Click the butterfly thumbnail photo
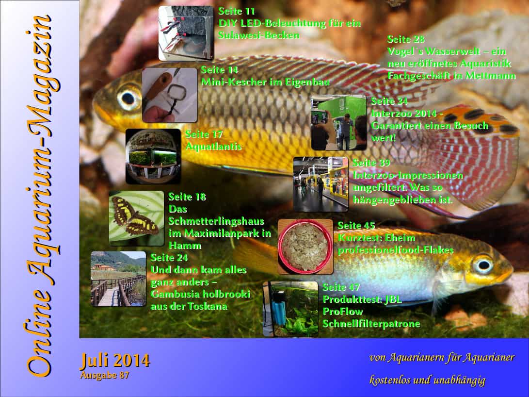pyautogui.click(x=136, y=218)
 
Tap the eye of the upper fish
pyautogui.click(x=128, y=99)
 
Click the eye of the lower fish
pyautogui.click(x=483, y=265)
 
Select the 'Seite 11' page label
pyautogui.click(x=237, y=11)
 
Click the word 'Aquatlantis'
pyautogui.click(x=213, y=147)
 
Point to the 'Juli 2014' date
pyautogui.click(x=115, y=361)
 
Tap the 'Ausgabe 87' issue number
pyautogui.click(x=105, y=375)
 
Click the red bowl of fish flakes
pyautogui.click(x=305, y=247)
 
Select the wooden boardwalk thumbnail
pyautogui.click(x=118, y=279)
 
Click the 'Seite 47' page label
pyautogui.click(x=341, y=287)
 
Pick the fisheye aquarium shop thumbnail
pyautogui.click(x=153, y=156)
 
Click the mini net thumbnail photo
pyautogui.click(x=169, y=95)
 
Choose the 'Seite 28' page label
pyautogui.click(x=406, y=39)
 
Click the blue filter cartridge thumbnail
pyautogui.click(x=290, y=309)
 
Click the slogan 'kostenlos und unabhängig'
pyautogui.click(x=428, y=380)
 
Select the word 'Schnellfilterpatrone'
pyautogui.click(x=371, y=324)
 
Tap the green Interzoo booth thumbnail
pyautogui.click(x=338, y=122)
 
